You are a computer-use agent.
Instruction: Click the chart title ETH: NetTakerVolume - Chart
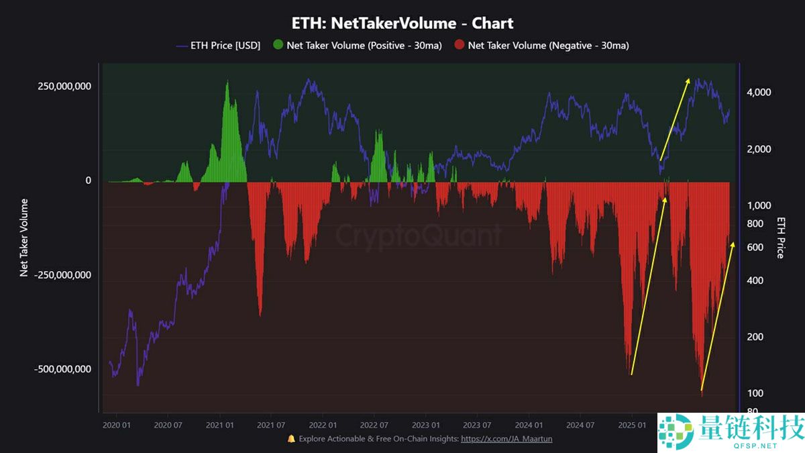(402, 23)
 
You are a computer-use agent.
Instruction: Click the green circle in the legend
(278, 46)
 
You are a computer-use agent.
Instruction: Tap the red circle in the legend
(459, 46)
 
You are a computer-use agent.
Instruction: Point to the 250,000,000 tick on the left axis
(64, 87)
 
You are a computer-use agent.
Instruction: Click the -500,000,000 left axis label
(62, 369)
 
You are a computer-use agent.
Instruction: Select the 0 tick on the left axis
(87, 181)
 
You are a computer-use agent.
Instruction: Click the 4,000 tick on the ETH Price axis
(759, 93)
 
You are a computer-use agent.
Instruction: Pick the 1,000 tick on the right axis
(759, 206)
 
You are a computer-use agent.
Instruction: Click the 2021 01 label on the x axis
(220, 425)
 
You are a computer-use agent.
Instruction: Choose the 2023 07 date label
(476, 425)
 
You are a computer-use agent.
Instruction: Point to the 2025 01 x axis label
(632, 425)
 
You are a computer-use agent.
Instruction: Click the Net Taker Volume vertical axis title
(24, 237)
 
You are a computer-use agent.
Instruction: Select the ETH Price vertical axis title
(781, 237)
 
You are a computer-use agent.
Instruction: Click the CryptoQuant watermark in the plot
(418, 236)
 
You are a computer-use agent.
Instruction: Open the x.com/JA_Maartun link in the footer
(506, 439)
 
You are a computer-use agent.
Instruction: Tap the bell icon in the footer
(291, 439)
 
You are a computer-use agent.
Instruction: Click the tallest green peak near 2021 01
(227, 82)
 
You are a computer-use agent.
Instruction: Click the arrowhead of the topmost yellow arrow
(688, 79)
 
